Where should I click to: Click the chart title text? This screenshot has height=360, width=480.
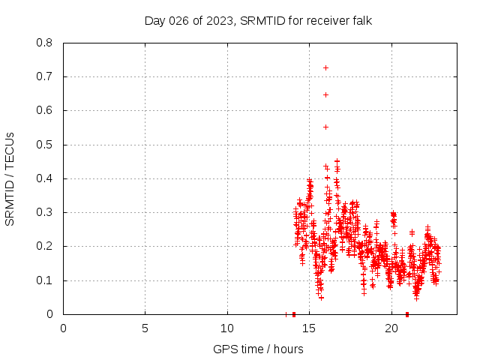tap(258, 20)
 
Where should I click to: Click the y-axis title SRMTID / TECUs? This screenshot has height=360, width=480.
tap(10, 178)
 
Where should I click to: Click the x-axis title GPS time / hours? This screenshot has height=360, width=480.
tap(258, 349)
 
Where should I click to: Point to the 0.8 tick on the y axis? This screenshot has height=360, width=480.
tap(46, 43)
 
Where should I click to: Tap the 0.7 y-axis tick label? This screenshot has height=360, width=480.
tap(46, 76)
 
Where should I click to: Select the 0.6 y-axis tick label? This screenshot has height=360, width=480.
tap(46, 110)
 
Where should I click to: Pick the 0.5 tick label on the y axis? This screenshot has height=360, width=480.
tap(46, 145)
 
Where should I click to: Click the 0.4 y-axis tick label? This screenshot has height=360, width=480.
tap(46, 178)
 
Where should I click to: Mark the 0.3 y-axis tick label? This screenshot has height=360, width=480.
tap(46, 212)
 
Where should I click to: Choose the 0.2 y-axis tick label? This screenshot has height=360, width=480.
tap(46, 246)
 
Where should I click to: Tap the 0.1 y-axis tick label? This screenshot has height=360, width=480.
tap(46, 280)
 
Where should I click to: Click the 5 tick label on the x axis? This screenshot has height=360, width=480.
tap(145, 328)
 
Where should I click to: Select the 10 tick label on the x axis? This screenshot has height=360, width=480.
tap(227, 328)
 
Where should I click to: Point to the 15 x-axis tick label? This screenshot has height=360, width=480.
tap(309, 328)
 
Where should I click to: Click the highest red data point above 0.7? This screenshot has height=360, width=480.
tap(325, 67)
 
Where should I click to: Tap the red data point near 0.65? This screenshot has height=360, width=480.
tap(325, 94)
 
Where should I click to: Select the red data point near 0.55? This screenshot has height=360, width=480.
tap(325, 127)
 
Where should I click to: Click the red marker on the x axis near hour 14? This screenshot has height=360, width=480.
tap(294, 314)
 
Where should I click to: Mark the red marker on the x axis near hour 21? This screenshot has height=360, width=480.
tap(407, 314)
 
